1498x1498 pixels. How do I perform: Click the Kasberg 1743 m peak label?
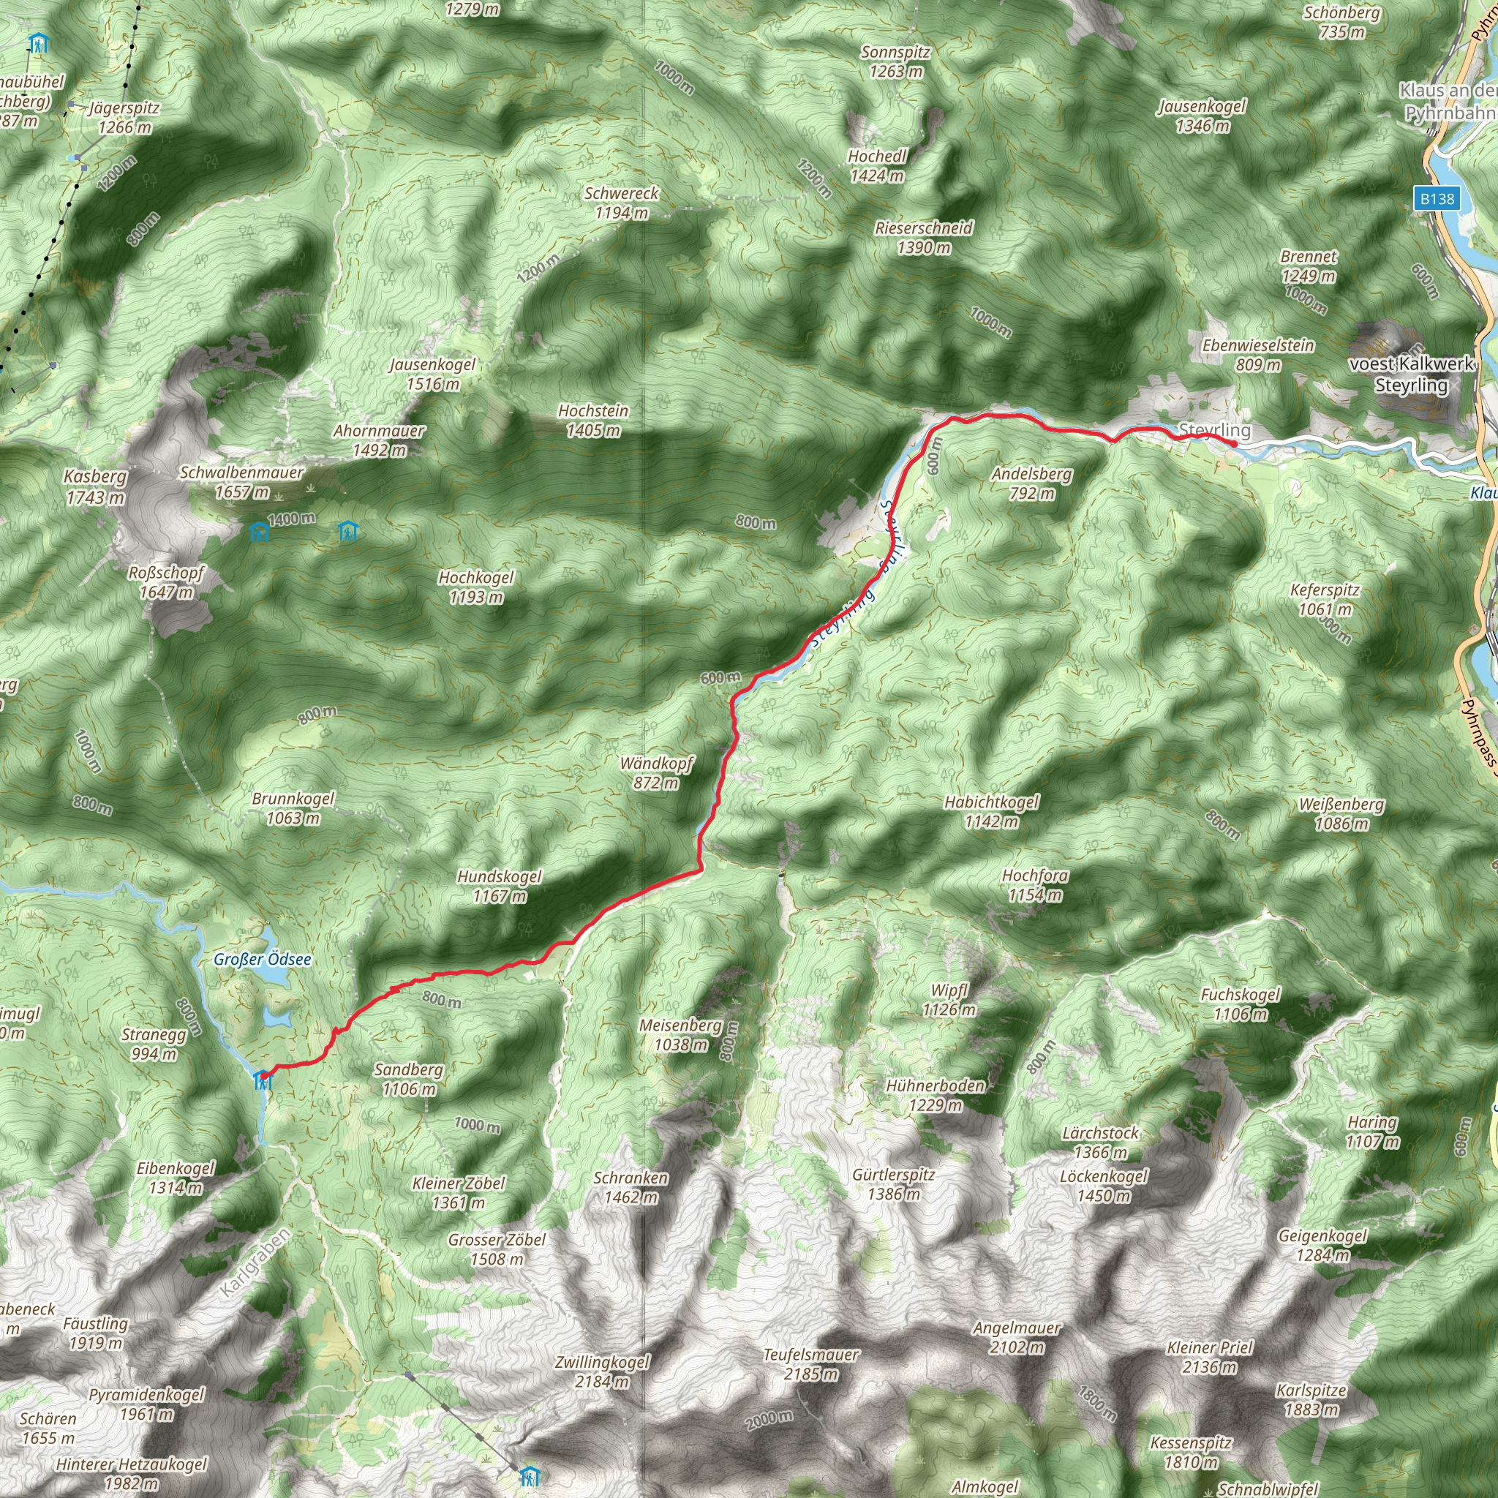tap(95, 487)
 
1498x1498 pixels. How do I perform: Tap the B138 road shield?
tap(1437, 198)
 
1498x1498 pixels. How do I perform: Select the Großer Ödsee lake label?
tap(262, 959)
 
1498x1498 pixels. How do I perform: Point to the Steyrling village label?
tap(1214, 429)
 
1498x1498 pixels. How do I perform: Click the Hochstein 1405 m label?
tap(593, 421)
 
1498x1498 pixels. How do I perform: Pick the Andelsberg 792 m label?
tap(1032, 483)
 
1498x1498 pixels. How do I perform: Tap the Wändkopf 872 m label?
tap(656, 772)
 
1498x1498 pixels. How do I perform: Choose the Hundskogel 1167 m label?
tap(500, 886)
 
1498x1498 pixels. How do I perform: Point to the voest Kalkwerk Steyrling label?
tap(1411, 374)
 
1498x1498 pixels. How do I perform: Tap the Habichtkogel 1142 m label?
tap(991, 811)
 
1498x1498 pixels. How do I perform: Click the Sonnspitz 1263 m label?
tap(895, 62)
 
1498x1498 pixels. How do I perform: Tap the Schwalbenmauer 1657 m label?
tap(242, 481)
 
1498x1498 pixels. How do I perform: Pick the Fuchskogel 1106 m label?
tap(1241, 1004)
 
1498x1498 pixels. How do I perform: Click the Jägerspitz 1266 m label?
tap(124, 117)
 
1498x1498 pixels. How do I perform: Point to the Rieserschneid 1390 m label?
tap(924, 237)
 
